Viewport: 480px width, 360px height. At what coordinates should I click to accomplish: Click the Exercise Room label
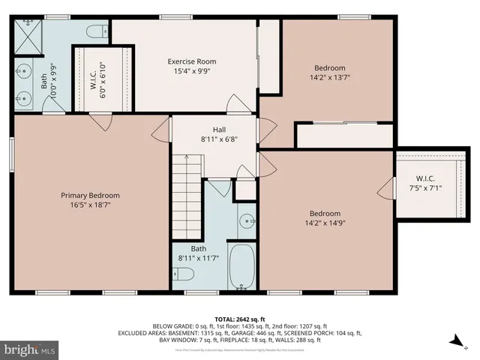point(191,61)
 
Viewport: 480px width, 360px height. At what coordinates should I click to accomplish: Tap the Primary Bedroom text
point(90,195)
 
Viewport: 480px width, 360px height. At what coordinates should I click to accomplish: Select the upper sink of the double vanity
point(22,73)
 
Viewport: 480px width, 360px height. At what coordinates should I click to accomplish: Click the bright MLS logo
point(30,349)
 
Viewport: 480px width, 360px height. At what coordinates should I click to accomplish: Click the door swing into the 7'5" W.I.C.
point(388,188)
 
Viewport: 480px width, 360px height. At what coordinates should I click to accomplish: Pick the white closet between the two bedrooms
point(344,136)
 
